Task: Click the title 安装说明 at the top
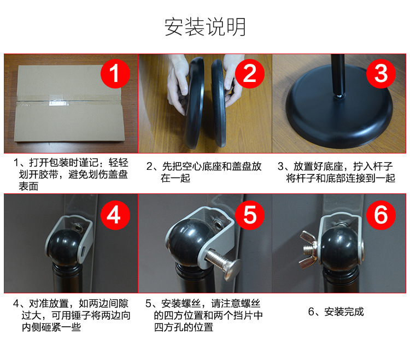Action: pyautogui.click(x=205, y=26)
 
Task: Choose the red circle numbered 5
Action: pyautogui.click(x=249, y=215)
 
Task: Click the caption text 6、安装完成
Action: pyautogui.click(x=336, y=312)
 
